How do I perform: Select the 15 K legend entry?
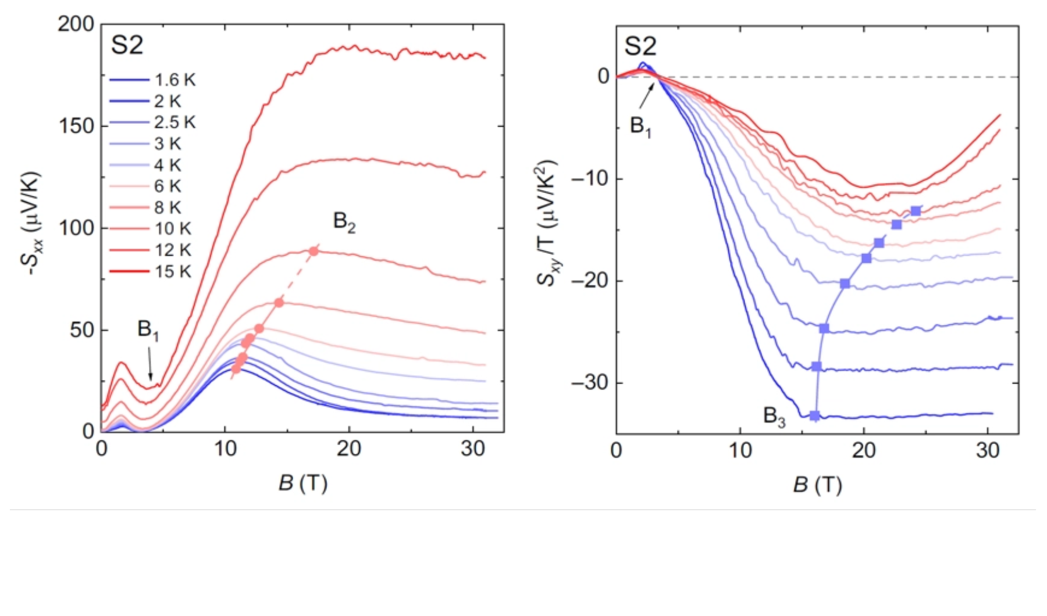173,271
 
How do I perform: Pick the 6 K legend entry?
168,187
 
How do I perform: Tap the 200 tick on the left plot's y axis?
76,24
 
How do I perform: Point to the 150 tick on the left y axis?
76,126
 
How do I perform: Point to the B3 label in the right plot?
774,416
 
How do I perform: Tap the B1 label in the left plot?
148,330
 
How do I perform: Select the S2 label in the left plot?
127,45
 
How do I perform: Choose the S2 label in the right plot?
640,46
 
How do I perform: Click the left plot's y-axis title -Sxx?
32,224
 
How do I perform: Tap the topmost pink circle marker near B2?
314,252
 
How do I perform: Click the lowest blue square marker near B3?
815,416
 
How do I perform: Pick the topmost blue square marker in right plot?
916,211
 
